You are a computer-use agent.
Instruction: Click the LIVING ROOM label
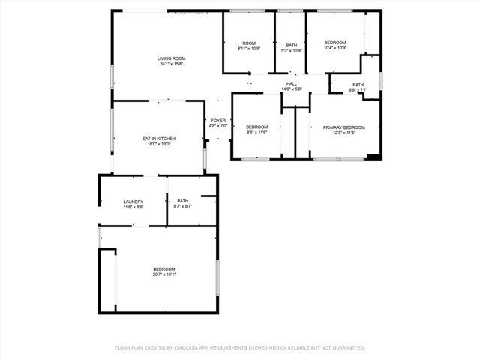coord(171,58)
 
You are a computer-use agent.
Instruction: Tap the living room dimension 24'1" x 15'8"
coord(171,64)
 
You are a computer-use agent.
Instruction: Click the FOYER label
coord(218,121)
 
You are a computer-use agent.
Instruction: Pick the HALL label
coord(292,83)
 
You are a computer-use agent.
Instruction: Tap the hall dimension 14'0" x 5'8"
coord(292,88)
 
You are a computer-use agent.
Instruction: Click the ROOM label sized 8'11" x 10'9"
coord(248,43)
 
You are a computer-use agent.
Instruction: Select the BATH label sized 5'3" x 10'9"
coord(292,45)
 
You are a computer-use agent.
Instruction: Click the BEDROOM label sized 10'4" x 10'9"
coord(335,43)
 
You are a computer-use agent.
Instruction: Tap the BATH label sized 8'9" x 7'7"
coord(358,85)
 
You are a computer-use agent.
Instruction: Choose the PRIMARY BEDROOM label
coord(344,127)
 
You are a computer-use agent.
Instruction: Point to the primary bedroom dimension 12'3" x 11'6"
coord(344,133)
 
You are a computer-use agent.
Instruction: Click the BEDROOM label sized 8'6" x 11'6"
coord(257,127)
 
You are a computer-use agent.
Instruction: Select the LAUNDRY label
coord(133,202)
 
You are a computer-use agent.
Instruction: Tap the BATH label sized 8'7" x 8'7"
coord(183,201)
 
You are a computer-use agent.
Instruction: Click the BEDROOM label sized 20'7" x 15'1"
coord(164,269)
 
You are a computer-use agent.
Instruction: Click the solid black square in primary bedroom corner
coord(373,157)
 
